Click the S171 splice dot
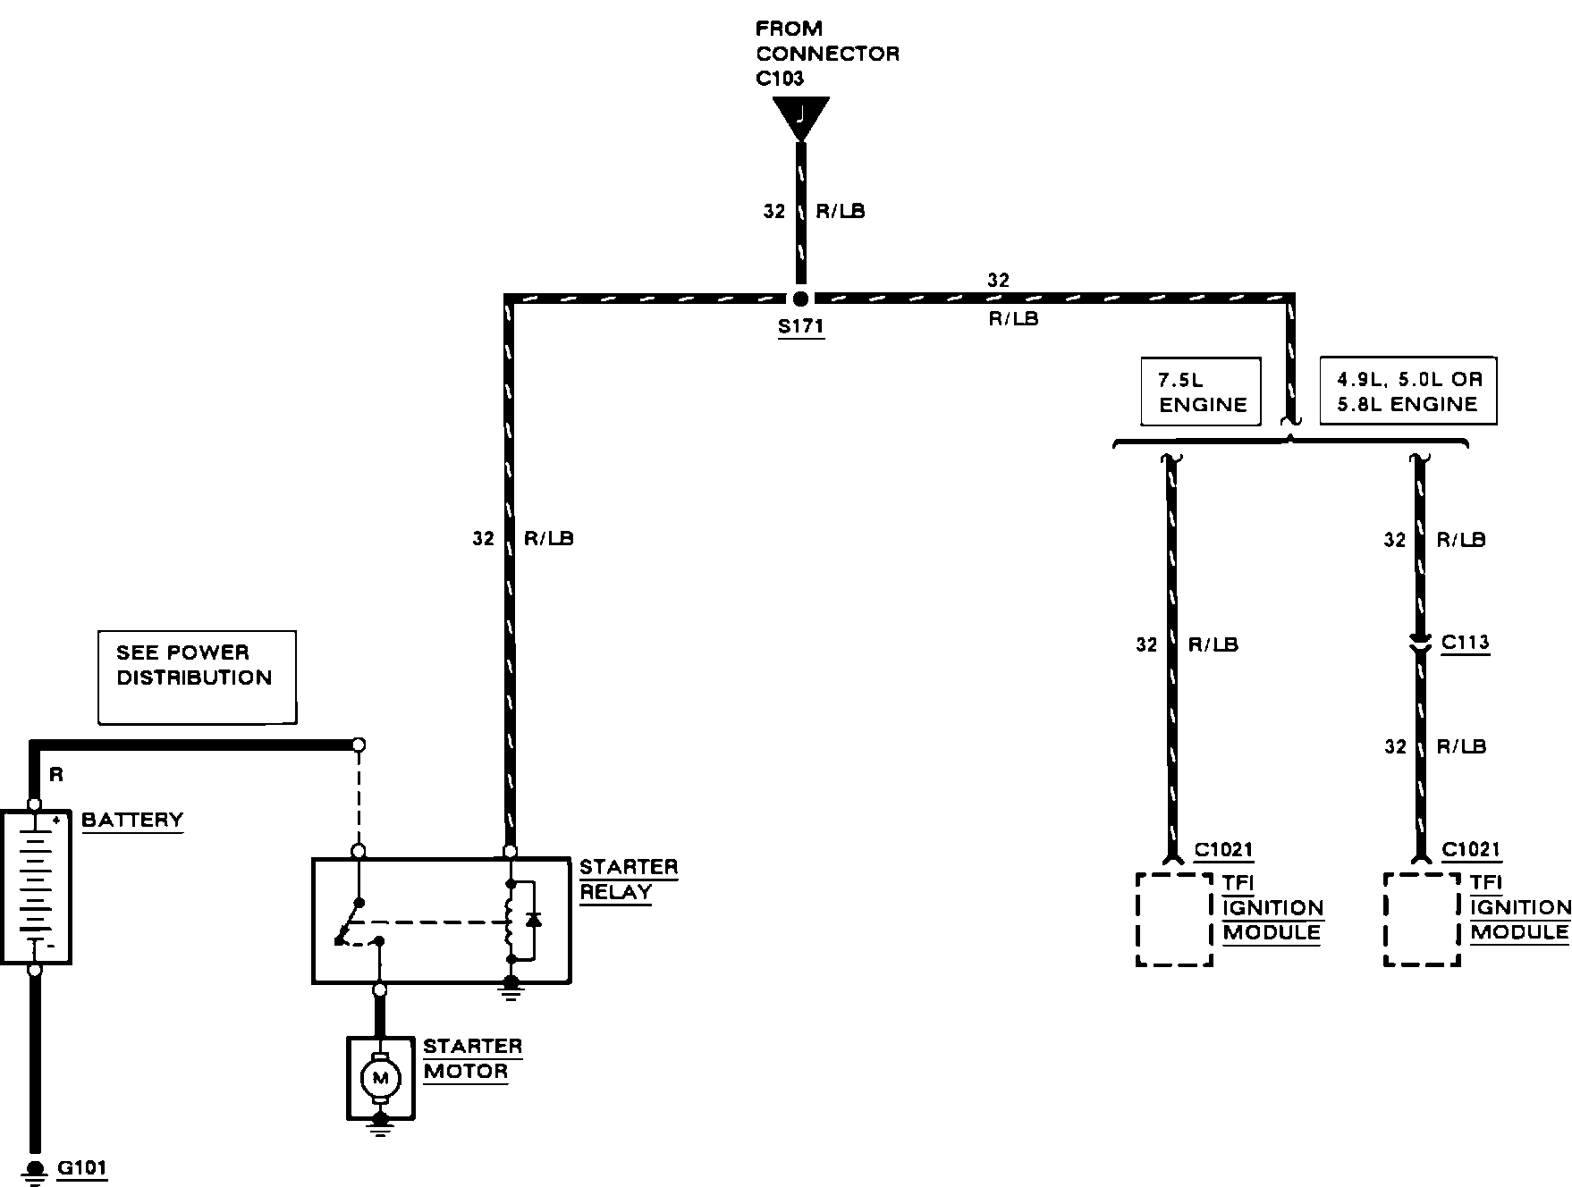pyautogui.click(x=800, y=299)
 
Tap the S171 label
pyautogui.click(x=800, y=326)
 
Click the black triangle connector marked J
pyautogui.click(x=800, y=117)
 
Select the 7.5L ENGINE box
pyautogui.click(x=1201, y=391)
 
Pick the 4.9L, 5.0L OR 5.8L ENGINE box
pyautogui.click(x=1408, y=391)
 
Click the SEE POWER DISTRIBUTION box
pyautogui.click(x=197, y=677)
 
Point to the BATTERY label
pyautogui.click(x=132, y=821)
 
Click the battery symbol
pyautogui.click(x=36, y=887)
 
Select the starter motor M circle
pyautogui.click(x=380, y=1079)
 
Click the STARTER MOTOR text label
pyautogui.click(x=472, y=1059)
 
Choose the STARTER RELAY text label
pyautogui.click(x=629, y=880)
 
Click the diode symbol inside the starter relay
pyautogui.click(x=533, y=920)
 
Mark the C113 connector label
pyautogui.click(x=1466, y=643)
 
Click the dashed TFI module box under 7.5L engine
pyautogui.click(x=1174, y=920)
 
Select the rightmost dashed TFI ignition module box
pyautogui.click(x=1422, y=920)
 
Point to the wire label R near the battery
pyautogui.click(x=56, y=775)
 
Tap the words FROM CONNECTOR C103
pyautogui.click(x=827, y=54)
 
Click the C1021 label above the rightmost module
pyautogui.click(x=1471, y=850)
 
